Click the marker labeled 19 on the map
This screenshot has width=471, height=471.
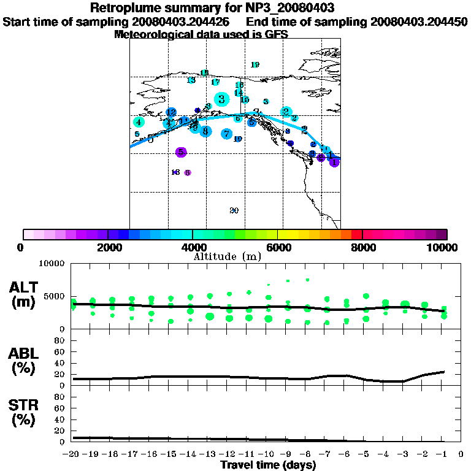256,64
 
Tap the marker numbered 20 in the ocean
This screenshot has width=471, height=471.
234,210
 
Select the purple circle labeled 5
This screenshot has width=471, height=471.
180,152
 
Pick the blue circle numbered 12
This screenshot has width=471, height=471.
171,113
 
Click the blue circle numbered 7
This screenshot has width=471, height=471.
226,134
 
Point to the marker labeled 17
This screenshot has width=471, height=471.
215,82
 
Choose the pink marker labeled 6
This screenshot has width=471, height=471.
188,172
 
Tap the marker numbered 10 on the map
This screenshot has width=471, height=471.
238,139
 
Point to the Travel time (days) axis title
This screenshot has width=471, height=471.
268,465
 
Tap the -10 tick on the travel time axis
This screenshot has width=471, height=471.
268,454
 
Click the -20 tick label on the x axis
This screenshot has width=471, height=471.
72,454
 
